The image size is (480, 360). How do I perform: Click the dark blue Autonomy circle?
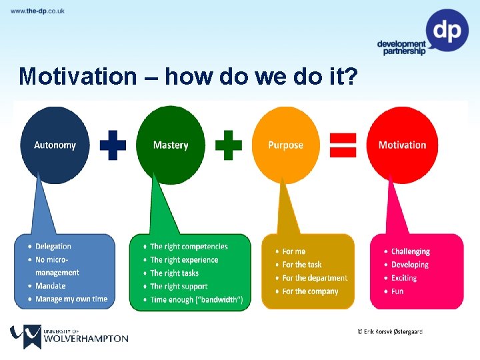pyautogui.click(x=55, y=145)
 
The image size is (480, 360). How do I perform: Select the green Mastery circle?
pyautogui.click(x=171, y=145)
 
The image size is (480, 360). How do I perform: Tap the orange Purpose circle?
pyautogui.click(x=285, y=145)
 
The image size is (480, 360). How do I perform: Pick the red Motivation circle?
pyautogui.click(x=402, y=145)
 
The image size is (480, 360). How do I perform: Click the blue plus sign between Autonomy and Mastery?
pyautogui.click(x=113, y=145)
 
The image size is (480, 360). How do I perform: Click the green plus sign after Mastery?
pyautogui.click(x=228, y=145)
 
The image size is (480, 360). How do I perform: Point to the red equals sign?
pyautogui.click(x=343, y=144)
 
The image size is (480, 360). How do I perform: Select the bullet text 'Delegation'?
pyautogui.click(x=53, y=247)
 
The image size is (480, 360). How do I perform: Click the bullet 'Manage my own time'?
pyautogui.click(x=71, y=299)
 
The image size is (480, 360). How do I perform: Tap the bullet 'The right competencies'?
pyautogui.click(x=189, y=247)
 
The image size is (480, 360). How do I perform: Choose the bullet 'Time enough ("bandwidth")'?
pyautogui.click(x=196, y=299)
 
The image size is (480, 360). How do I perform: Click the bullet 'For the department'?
pyautogui.click(x=315, y=278)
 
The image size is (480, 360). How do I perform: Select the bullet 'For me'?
pyautogui.click(x=293, y=251)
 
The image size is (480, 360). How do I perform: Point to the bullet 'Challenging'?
pyautogui.click(x=410, y=251)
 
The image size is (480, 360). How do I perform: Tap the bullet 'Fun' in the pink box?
pyautogui.click(x=397, y=291)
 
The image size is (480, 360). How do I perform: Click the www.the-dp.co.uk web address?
pyautogui.click(x=38, y=11)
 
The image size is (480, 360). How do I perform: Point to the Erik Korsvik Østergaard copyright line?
pyautogui.click(x=390, y=331)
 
